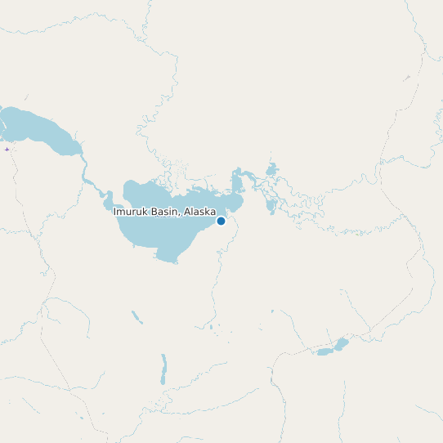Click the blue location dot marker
221,221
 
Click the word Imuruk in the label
129,212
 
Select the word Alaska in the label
200,212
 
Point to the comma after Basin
181,214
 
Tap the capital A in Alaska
188,212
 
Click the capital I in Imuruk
114,212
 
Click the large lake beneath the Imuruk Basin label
163,233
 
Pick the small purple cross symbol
7,149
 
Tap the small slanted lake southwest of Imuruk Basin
136,316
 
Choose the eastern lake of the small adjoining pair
341,344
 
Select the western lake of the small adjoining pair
324,352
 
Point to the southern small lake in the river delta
271,205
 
